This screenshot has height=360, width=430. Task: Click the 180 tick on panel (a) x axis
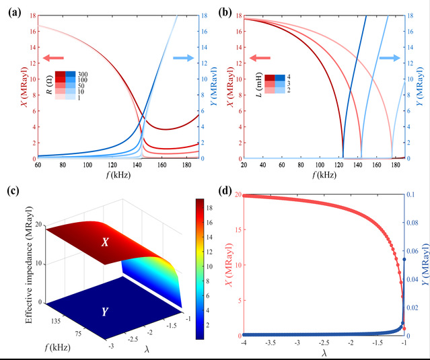pyautogui.click(x=184, y=166)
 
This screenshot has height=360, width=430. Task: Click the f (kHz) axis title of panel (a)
pyautogui.click(x=118, y=176)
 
